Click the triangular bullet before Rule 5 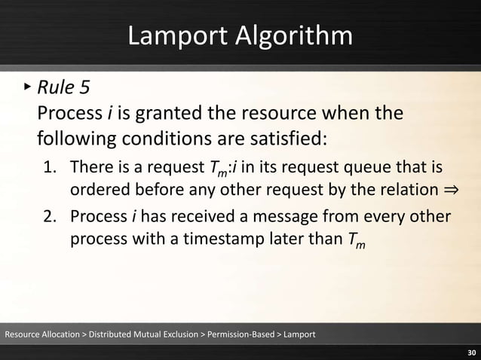coord(26,87)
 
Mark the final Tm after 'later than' coord(358,241)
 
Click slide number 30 coord(471,352)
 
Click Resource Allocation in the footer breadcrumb coord(41,334)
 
